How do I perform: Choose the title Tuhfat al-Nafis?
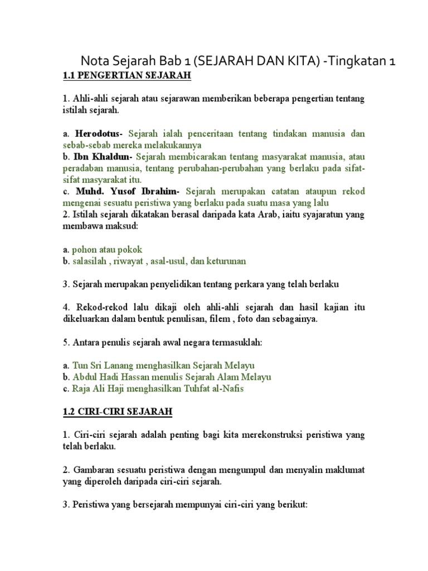[x=213, y=389]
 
